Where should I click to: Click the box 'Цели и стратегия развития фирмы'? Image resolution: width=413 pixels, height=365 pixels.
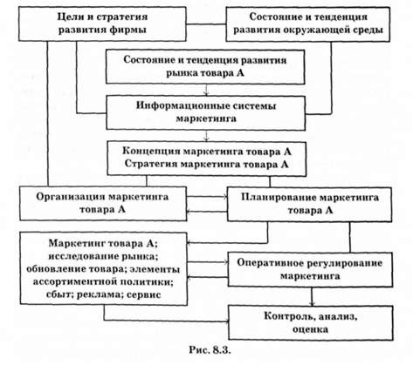click(102, 24)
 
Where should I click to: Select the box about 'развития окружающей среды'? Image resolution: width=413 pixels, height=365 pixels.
click(308, 24)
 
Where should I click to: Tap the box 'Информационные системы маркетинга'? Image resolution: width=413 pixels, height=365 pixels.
click(206, 112)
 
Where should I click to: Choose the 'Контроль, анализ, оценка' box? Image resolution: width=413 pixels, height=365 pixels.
click(311, 322)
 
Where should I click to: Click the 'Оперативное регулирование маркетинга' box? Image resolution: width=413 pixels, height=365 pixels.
click(310, 269)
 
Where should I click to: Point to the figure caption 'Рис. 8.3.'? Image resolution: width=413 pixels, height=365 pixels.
click(210, 350)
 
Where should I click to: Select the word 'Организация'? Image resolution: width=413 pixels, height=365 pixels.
click(70, 197)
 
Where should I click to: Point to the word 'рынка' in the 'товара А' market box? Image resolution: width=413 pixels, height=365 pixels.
click(181, 73)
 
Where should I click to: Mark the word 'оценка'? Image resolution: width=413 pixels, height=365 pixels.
click(311, 329)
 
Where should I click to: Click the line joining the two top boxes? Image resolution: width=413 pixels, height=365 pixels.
click(206, 24)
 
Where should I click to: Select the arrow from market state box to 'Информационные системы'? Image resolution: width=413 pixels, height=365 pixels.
click(206, 90)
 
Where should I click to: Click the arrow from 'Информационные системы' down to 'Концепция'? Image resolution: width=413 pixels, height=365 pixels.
click(206, 136)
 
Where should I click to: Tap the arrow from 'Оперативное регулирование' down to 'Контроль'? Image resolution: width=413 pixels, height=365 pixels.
click(313, 296)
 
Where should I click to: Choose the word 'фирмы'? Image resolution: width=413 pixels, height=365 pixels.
click(129, 30)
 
